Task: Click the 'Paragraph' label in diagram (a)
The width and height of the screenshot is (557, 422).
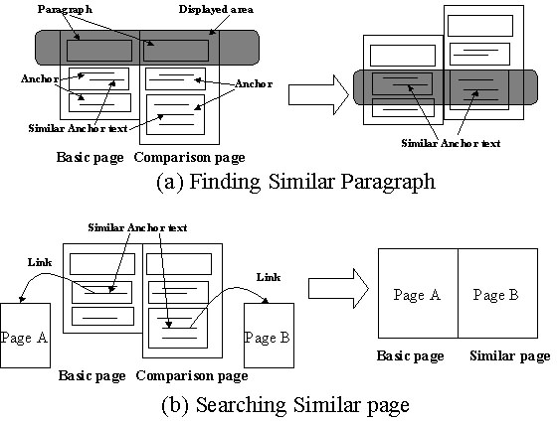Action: [65, 8]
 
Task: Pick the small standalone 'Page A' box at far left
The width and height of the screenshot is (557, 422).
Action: [25, 337]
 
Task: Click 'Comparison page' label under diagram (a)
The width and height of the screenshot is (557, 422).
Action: [190, 157]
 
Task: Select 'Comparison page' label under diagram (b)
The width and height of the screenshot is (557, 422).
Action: [191, 375]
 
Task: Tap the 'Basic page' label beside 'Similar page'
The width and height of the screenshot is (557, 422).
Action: [409, 355]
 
